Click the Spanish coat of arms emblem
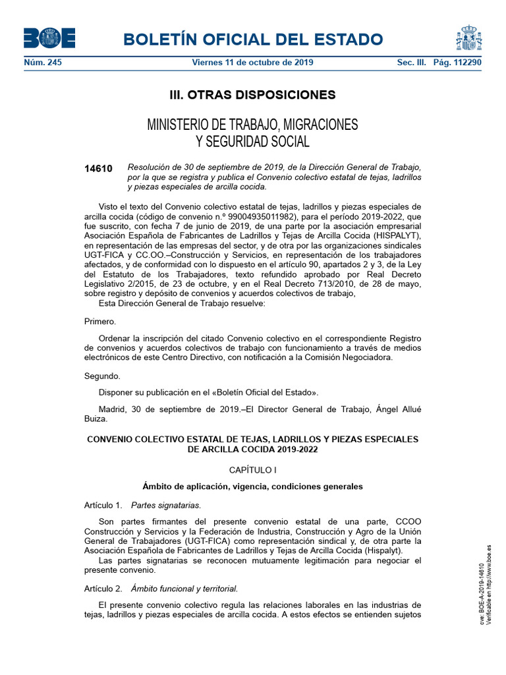[469, 38]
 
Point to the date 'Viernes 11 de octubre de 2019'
[252, 63]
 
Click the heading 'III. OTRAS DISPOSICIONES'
[252, 95]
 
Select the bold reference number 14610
[98, 169]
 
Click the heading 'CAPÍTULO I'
[252, 470]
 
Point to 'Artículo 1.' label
[103, 506]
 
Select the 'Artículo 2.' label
[103, 588]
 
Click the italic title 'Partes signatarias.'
[166, 506]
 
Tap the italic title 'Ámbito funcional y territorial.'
[184, 588]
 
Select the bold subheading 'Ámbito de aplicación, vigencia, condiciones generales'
[252, 487]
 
